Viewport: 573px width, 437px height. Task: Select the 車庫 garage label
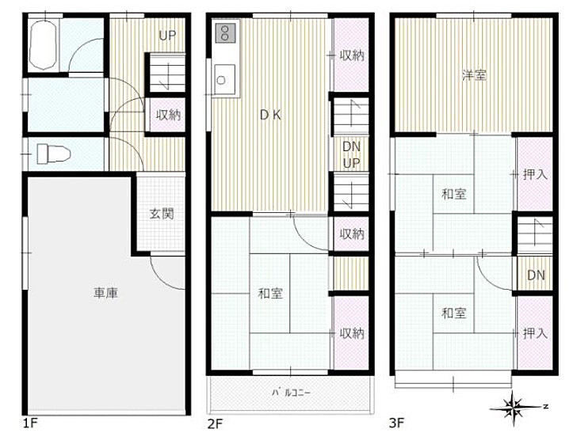105,293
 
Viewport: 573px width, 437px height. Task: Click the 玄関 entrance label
161,213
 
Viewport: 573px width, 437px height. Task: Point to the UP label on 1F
167,36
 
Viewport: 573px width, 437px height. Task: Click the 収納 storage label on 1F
168,115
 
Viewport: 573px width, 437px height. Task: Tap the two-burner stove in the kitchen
223,33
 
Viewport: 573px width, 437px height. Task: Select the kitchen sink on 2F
224,78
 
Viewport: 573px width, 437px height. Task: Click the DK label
271,114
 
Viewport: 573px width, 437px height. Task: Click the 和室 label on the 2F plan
270,294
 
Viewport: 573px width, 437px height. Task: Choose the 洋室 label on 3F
475,76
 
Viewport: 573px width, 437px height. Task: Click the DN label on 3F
536,275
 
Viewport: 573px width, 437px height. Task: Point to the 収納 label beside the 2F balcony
352,333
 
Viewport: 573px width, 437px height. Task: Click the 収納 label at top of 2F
352,55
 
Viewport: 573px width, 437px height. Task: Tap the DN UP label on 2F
351,154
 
